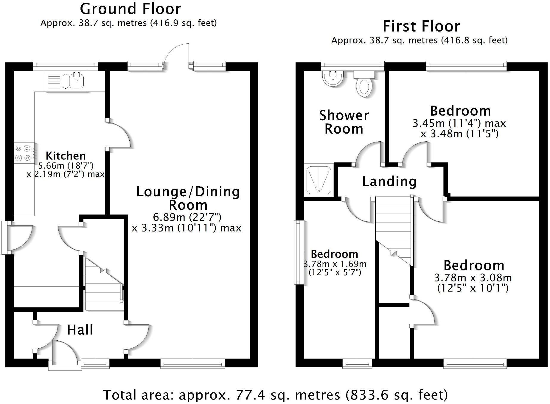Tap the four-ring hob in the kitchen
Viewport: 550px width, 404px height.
click(23, 153)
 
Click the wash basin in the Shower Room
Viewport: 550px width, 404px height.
click(333, 78)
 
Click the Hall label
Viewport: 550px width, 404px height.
click(80, 330)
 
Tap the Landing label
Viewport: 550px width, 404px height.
click(389, 181)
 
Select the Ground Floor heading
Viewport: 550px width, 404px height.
click(130, 9)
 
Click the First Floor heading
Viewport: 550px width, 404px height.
click(421, 26)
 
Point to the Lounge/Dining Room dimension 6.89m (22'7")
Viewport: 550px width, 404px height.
click(187, 217)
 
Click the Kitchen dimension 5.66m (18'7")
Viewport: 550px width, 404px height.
click(66, 165)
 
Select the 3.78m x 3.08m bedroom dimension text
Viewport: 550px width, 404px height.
click(473, 278)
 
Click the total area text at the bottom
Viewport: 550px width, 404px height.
click(275, 395)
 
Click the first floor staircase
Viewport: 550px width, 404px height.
click(394, 229)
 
